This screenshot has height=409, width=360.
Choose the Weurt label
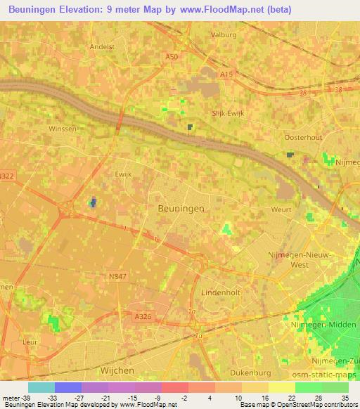point(281,209)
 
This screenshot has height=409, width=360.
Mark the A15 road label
point(226,73)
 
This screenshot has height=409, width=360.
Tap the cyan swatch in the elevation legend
point(41,387)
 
